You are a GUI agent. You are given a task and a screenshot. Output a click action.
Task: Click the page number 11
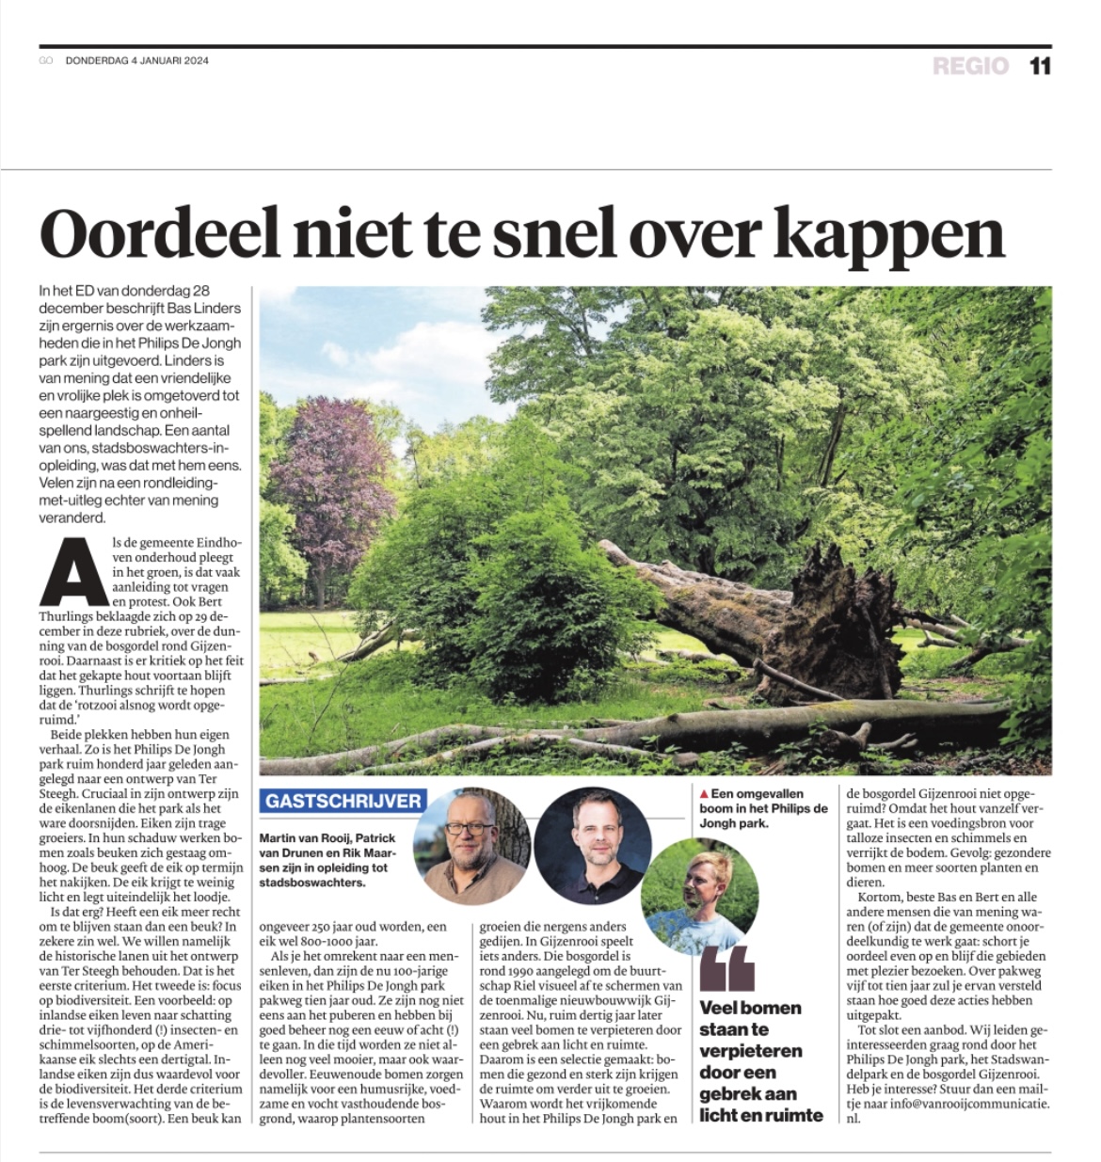click(1039, 66)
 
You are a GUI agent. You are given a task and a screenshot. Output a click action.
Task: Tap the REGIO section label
click(970, 66)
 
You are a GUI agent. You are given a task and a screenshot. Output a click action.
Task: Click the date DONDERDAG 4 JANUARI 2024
click(137, 61)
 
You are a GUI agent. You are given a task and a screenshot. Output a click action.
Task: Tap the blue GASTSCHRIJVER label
click(343, 801)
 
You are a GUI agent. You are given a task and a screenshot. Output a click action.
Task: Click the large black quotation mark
click(727, 968)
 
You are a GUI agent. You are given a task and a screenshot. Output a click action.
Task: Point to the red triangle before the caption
click(704, 794)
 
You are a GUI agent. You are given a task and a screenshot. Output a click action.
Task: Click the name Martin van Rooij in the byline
click(304, 837)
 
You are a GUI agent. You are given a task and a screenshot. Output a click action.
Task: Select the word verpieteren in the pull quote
click(750, 1050)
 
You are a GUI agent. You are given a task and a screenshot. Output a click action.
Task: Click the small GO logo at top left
click(46, 61)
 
